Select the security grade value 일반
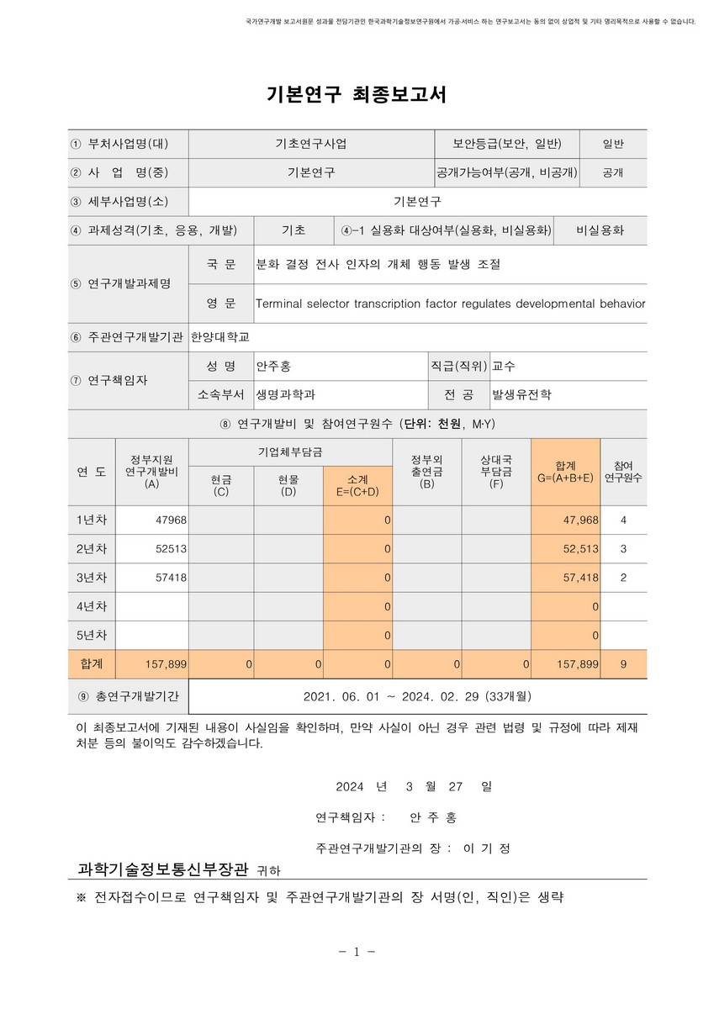pos(613,144)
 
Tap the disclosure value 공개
pos(613,172)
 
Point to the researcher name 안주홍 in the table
pos(274,367)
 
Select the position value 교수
pos(505,367)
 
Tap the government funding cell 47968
pos(171,520)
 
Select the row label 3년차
pos(92,578)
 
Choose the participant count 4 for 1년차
pos(623,520)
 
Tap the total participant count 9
pos(623,664)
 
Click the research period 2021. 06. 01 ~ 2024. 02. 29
pos(417,696)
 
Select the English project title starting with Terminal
pos(450,303)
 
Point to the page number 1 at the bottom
pos(357,952)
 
